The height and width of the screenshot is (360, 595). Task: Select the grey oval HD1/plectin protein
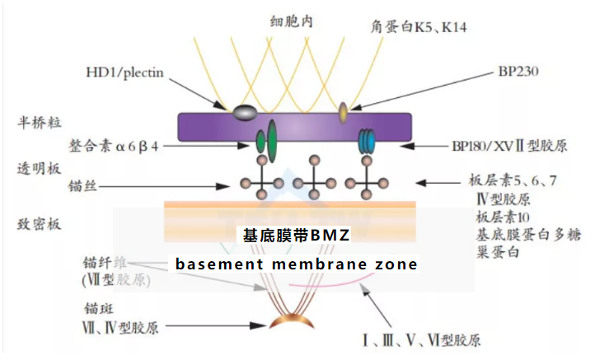pos(244,111)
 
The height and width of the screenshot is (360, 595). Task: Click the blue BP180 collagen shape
pos(367,143)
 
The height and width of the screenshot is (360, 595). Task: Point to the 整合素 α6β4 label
pos(115,145)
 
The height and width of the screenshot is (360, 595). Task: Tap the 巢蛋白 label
pos(494,251)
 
